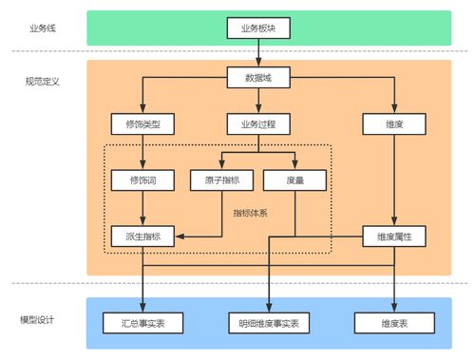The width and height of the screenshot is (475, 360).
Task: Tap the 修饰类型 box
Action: point(142,124)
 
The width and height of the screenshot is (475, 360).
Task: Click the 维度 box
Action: point(392,124)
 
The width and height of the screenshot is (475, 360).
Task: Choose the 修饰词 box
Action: point(142,180)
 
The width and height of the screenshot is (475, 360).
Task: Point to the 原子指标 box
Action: point(222,180)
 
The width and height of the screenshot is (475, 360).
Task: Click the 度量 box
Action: point(294,180)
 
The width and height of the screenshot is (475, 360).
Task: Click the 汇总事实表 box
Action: point(142,323)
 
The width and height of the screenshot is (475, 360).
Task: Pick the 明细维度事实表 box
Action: point(269,323)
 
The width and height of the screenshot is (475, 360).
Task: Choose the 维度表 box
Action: point(392,323)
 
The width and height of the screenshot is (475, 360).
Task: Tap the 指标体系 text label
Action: point(250,213)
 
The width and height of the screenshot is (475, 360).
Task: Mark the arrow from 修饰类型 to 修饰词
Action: point(142,152)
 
